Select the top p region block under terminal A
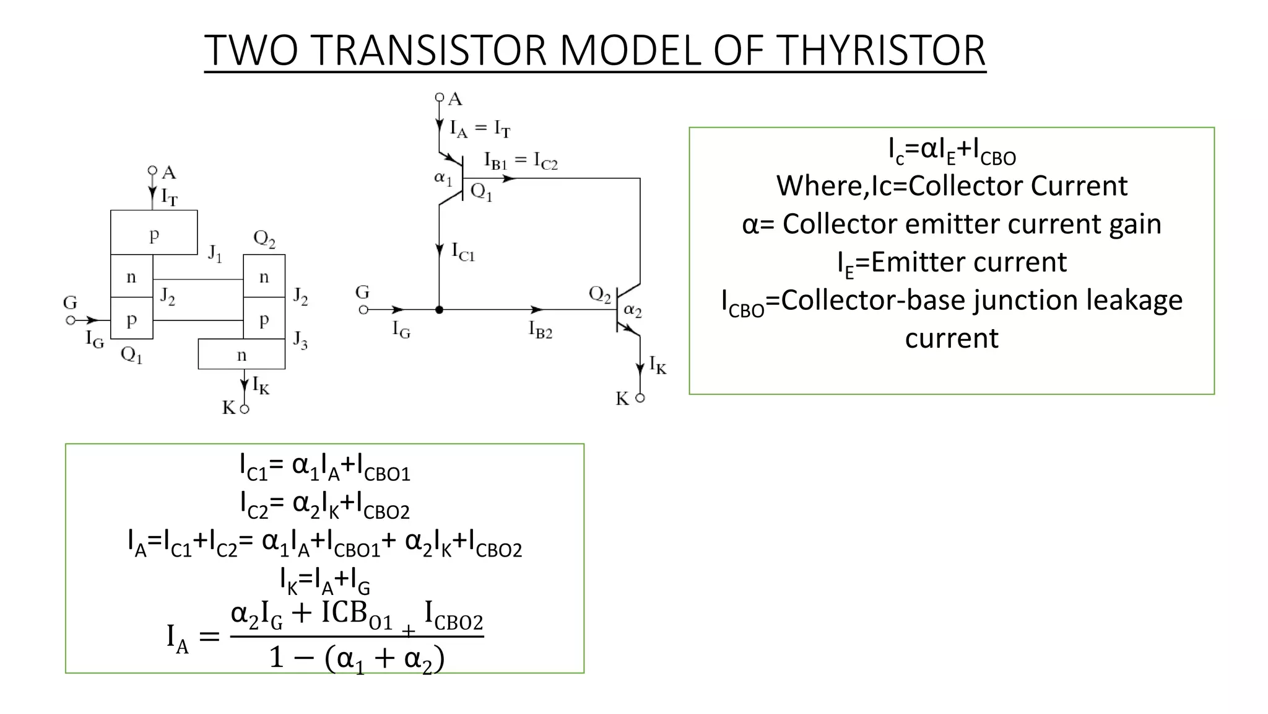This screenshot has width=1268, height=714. pos(154,233)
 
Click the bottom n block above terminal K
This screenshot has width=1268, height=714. pos(241,355)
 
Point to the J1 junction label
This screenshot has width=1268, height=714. pos(215,253)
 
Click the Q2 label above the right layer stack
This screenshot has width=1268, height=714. pos(264,239)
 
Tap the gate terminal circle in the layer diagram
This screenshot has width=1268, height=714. pos(71,320)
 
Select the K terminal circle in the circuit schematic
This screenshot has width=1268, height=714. pos(640,398)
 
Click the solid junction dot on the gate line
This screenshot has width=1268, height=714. pos(439,309)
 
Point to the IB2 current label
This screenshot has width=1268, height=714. pos(540,329)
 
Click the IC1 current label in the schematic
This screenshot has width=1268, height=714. pos(462,252)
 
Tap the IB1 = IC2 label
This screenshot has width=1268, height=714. pos(521,161)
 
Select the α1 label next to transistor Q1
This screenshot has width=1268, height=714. pos(443,178)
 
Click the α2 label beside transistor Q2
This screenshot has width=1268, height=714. pos(633,310)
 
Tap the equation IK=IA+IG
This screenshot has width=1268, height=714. pos(324,581)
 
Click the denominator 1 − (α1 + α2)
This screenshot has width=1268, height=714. pos(357,658)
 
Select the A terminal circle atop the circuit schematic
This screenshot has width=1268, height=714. pos(439,97)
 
